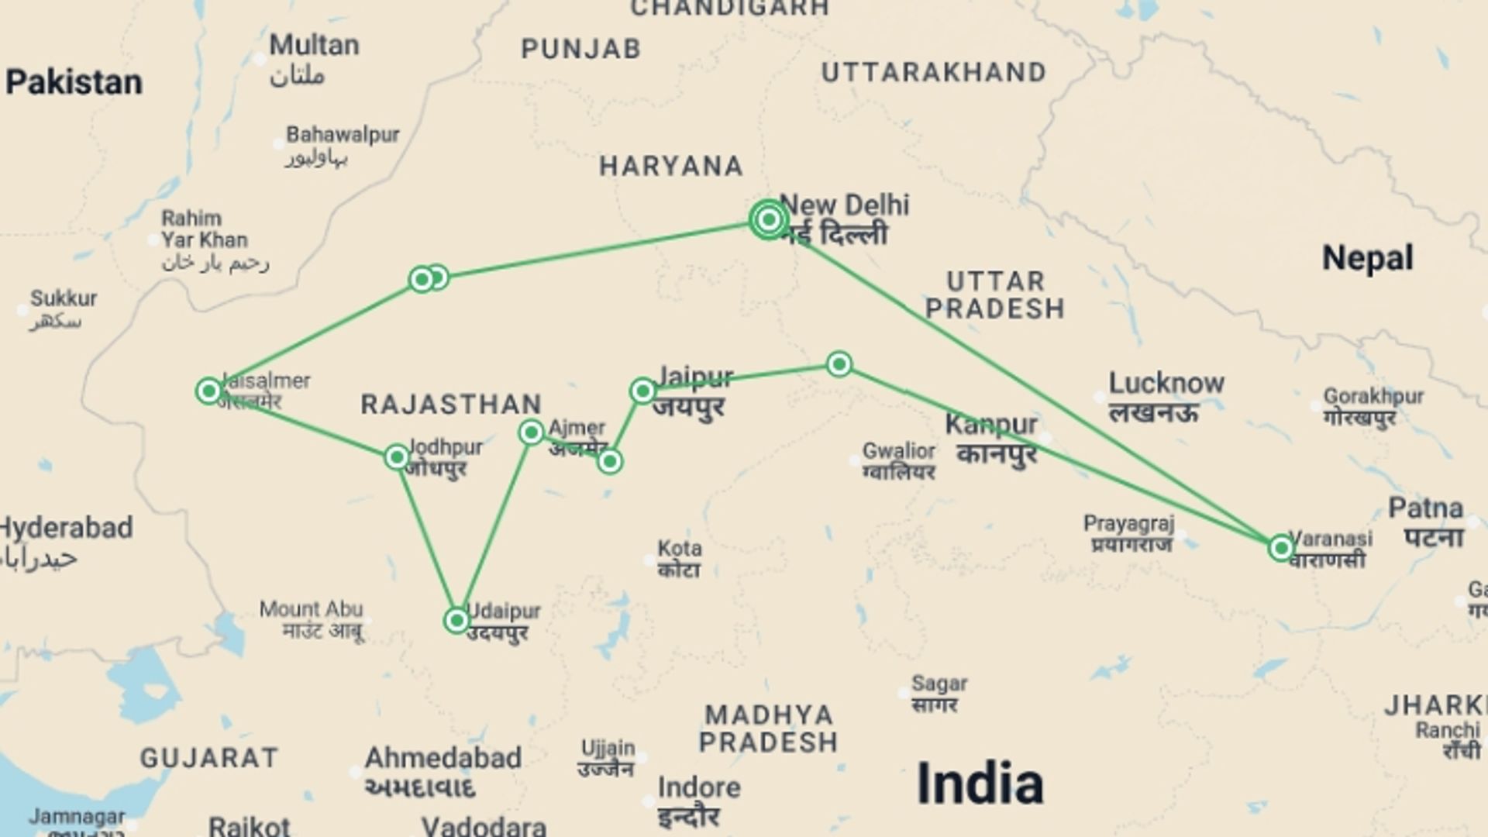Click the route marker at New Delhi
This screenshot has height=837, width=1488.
tap(768, 220)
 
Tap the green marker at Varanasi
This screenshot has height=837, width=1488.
tap(1281, 549)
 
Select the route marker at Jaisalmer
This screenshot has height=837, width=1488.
tap(208, 391)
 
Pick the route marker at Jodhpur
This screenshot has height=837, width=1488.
tap(397, 457)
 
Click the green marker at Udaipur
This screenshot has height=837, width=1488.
tap(456, 620)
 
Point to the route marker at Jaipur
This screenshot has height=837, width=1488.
tap(642, 391)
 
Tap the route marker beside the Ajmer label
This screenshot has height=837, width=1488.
tap(531, 432)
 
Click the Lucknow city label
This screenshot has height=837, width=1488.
tap(1166, 384)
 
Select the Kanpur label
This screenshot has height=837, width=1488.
tap(990, 425)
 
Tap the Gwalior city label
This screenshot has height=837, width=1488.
tap(898, 451)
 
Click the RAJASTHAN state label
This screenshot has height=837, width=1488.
tap(451, 405)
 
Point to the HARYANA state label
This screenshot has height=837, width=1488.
tap(671, 167)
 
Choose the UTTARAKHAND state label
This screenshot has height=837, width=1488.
tap(933, 73)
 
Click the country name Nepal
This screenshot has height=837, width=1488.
tap(1367, 258)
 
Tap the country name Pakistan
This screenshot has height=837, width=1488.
tap(74, 82)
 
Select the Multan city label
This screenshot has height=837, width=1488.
tap(314, 45)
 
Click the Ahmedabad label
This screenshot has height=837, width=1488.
tap(443, 758)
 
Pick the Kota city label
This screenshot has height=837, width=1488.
tap(680, 549)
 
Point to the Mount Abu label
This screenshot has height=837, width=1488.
tap(311, 609)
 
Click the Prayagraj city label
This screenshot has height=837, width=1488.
tap(1128, 524)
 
